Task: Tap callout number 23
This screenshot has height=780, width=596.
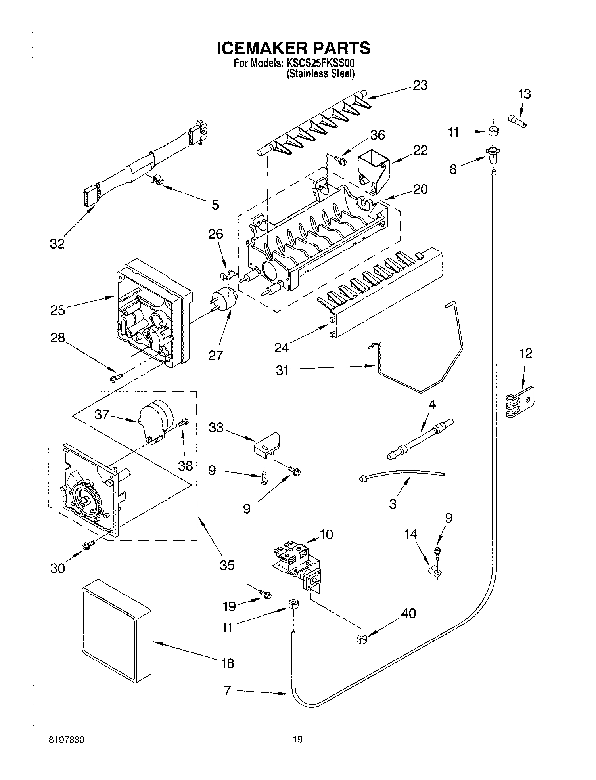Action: coord(420,86)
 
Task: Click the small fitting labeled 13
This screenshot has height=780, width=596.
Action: coord(517,120)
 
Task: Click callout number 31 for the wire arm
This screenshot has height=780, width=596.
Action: coord(282,371)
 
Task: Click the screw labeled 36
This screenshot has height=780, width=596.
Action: coord(340,160)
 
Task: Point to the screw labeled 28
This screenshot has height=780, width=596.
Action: coord(115,379)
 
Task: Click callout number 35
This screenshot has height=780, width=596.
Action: coord(227,564)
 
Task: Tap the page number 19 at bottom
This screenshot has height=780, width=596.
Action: coord(297,738)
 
